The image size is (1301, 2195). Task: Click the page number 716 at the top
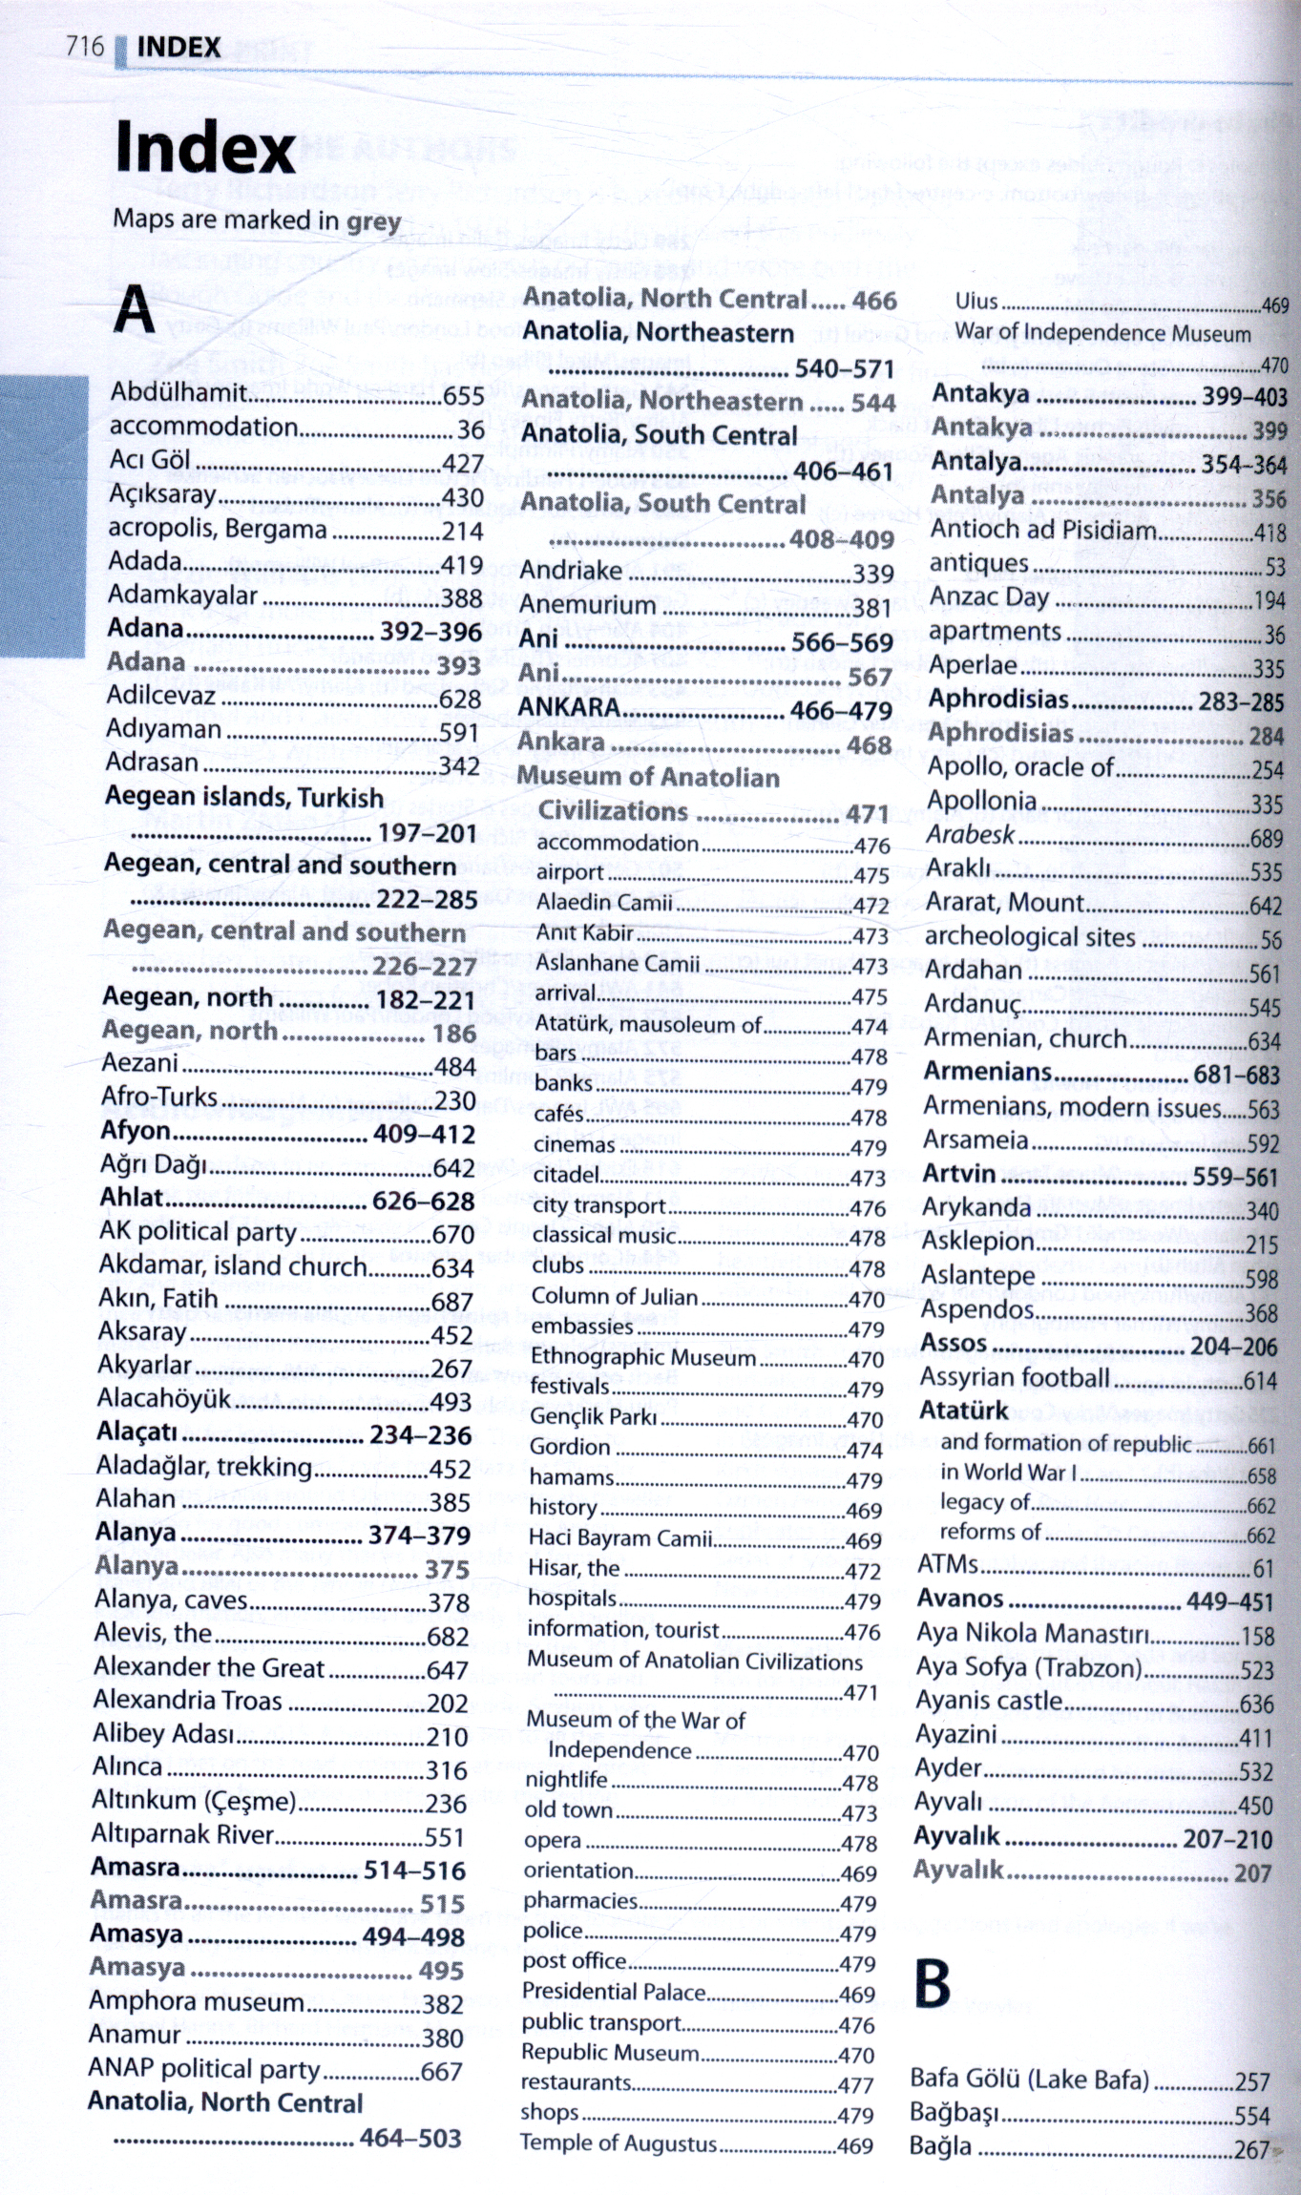(84, 46)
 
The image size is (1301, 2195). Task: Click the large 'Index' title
(204, 149)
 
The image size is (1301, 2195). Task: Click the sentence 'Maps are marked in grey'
(256, 220)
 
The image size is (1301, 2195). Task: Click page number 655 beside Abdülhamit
(463, 395)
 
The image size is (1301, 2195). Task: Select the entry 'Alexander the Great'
(209, 1668)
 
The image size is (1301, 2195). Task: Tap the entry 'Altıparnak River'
(182, 1834)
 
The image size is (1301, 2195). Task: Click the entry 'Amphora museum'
(196, 2001)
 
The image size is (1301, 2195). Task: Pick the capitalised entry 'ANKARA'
(569, 708)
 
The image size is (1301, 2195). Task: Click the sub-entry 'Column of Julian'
(614, 1297)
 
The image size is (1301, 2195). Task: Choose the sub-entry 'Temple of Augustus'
(618, 2143)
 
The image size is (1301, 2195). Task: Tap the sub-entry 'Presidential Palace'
(613, 1992)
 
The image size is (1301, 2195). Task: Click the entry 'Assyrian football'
(1014, 1377)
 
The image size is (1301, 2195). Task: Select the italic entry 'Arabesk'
(970, 835)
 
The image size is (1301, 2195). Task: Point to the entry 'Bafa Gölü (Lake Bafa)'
(1029, 2079)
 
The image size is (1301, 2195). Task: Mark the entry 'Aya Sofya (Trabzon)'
(1028, 1668)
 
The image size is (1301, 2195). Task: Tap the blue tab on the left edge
(43, 515)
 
